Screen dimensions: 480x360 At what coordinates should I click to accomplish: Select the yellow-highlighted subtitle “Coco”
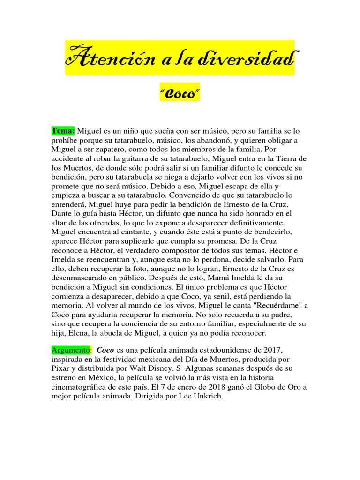coord(180,94)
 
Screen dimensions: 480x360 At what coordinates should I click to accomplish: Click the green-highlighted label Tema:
coord(63,130)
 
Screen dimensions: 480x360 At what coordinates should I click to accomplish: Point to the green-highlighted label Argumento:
coord(70,350)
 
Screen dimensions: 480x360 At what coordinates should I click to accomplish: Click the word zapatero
coord(108,150)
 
